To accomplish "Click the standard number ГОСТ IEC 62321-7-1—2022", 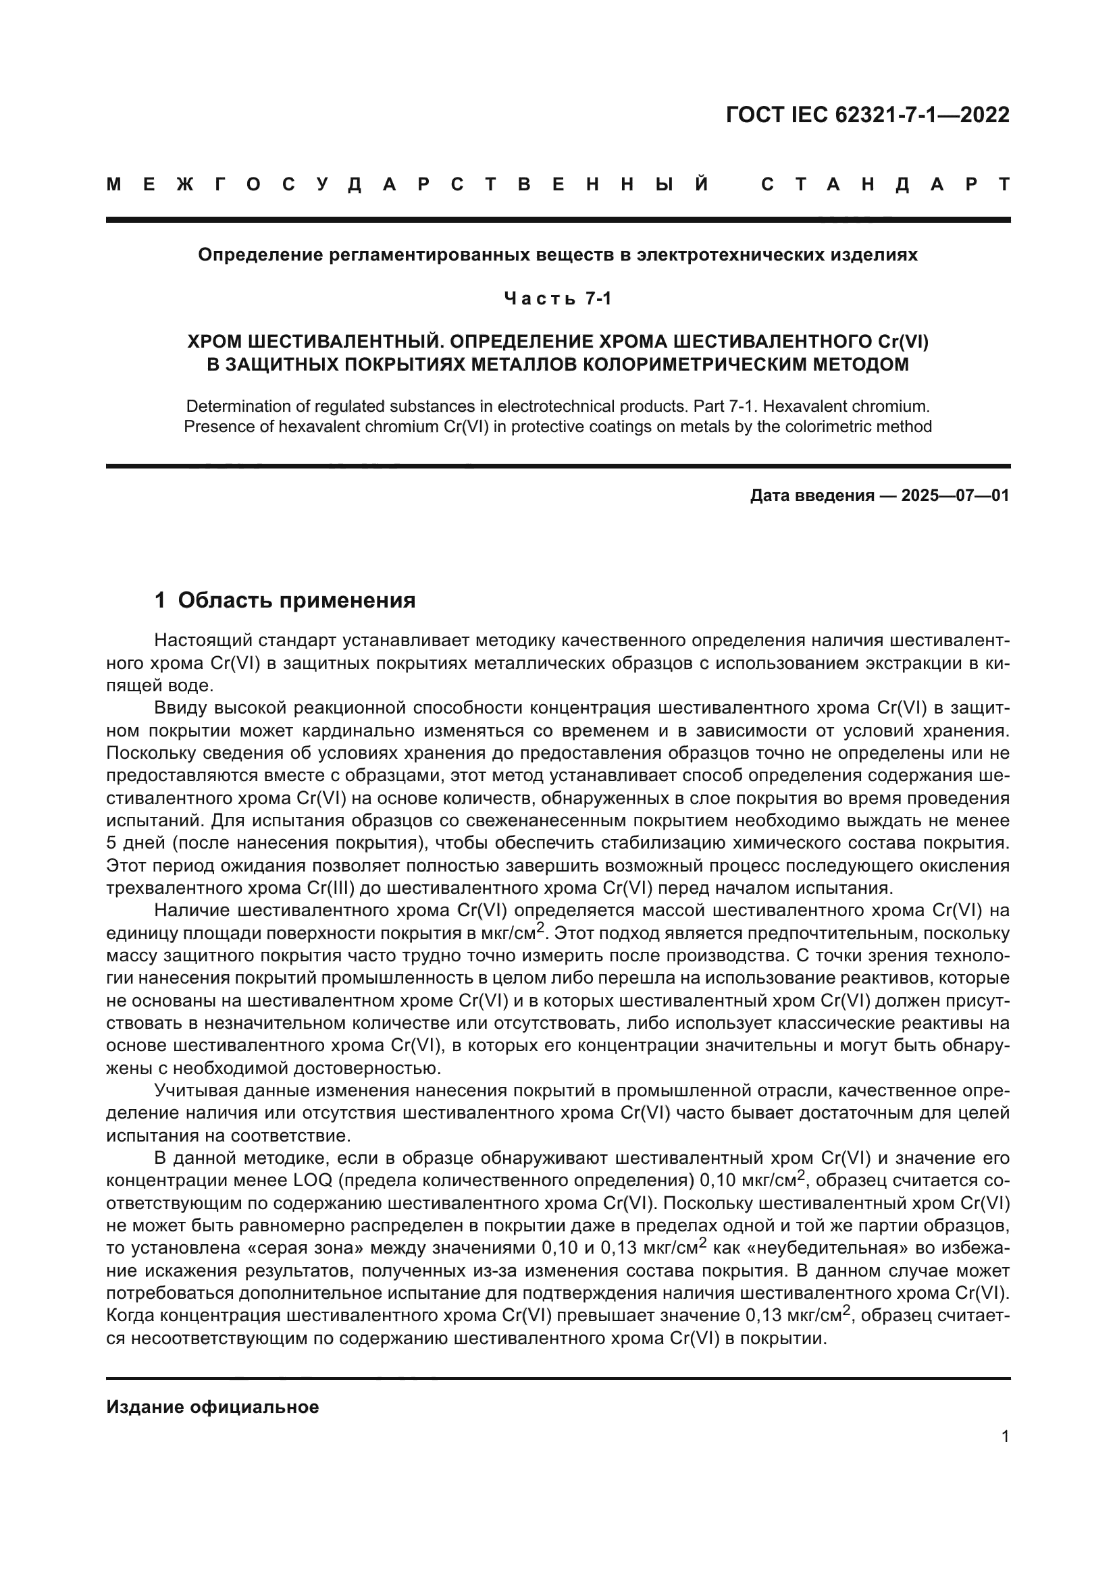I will tap(867, 115).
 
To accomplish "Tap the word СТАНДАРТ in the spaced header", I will tap(885, 184).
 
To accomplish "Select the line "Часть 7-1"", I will tap(558, 298).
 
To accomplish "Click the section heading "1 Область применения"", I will tap(285, 600).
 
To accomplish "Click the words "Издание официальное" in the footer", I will tap(213, 1407).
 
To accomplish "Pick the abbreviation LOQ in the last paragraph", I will tap(313, 1181).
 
